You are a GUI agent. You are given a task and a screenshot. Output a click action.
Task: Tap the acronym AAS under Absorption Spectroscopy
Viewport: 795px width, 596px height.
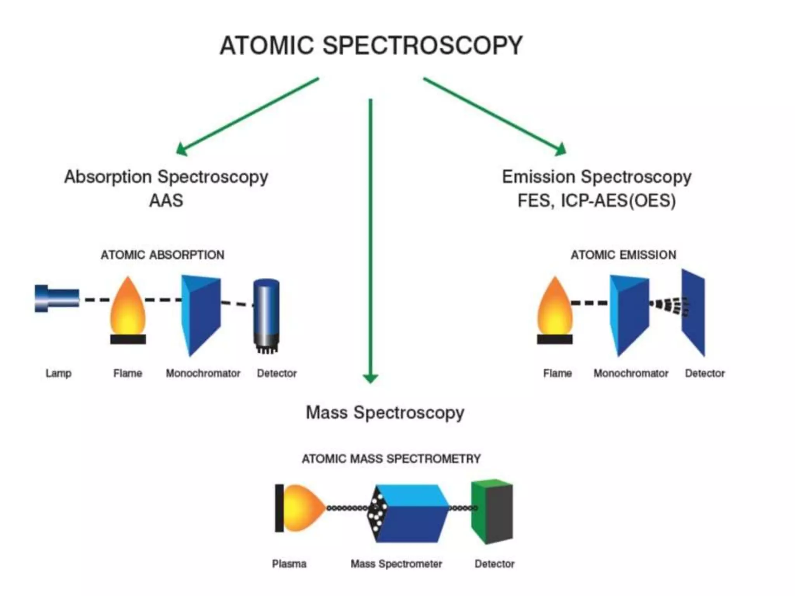166,201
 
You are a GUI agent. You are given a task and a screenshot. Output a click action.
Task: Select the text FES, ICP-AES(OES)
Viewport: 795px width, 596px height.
597,201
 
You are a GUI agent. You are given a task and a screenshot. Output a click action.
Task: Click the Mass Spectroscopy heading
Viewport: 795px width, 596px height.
385,412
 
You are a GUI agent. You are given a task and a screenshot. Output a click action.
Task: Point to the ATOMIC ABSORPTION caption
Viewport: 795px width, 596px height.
162,255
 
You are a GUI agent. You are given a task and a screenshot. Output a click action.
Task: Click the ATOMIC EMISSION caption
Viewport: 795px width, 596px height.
623,255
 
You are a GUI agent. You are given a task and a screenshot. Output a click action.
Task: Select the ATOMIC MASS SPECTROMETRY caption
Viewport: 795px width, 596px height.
391,459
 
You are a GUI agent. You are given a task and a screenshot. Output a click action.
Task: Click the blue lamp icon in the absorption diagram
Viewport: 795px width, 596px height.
56,298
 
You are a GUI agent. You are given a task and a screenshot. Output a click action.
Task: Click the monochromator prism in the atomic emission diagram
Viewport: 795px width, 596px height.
629,314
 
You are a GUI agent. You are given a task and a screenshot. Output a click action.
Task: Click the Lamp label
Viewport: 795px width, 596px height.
58,373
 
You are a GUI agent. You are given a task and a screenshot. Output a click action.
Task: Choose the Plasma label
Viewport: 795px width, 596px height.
289,564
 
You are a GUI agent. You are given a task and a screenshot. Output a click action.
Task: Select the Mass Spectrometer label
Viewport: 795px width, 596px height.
396,564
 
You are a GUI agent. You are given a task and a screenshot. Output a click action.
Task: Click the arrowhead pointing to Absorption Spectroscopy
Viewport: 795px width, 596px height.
181,150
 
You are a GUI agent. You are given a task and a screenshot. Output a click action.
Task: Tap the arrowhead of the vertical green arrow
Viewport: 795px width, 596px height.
370,378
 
